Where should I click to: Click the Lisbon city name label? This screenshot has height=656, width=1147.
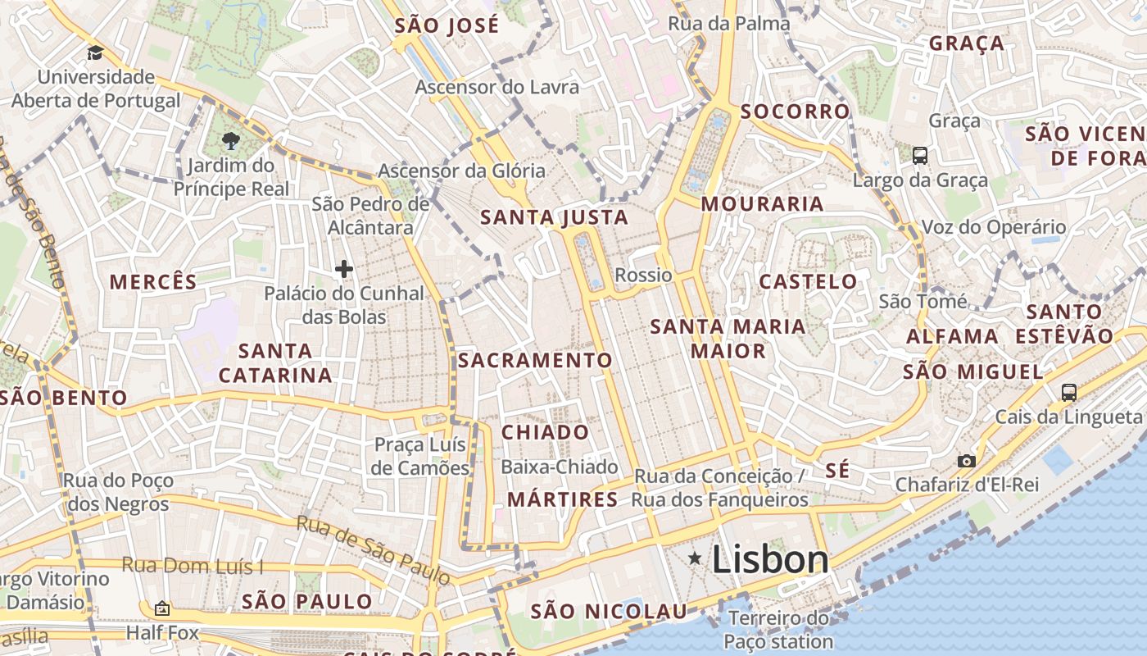(x=770, y=560)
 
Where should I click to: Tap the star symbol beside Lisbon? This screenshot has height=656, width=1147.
(x=695, y=559)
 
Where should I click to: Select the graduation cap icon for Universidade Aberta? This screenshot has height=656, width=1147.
(x=96, y=53)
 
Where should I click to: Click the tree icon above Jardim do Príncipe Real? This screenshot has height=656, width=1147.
(x=230, y=140)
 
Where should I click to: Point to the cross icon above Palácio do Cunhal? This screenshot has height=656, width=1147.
(x=344, y=268)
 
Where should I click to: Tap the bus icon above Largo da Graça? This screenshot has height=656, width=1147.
(x=919, y=155)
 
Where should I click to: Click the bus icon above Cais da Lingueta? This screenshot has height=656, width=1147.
(x=1068, y=392)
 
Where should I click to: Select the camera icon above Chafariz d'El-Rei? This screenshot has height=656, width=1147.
(x=967, y=461)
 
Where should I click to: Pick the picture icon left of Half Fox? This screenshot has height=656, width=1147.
(x=162, y=608)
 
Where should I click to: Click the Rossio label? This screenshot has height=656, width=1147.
(x=643, y=276)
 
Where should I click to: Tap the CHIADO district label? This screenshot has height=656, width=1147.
(x=545, y=432)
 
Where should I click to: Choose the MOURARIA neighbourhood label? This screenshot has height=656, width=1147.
(x=763, y=204)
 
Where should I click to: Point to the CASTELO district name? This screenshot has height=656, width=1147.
(x=808, y=282)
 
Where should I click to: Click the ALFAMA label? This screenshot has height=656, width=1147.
(x=952, y=336)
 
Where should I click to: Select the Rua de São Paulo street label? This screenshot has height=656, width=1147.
(x=373, y=549)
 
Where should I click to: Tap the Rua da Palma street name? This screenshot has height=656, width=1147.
(x=729, y=24)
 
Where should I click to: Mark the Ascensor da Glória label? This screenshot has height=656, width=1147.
(x=461, y=171)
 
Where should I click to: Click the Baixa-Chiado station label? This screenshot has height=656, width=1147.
(x=559, y=467)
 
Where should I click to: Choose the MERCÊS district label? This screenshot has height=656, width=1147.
(x=153, y=282)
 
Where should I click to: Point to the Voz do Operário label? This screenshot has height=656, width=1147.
(x=994, y=227)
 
